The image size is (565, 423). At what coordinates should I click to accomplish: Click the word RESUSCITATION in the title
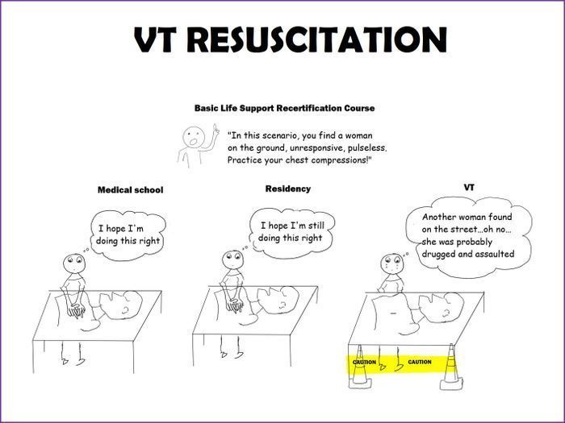click(x=317, y=39)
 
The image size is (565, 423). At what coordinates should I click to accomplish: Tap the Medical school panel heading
click(x=130, y=190)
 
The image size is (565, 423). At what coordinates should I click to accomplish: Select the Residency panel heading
click(x=288, y=189)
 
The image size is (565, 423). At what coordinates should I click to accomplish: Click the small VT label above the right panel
click(x=469, y=188)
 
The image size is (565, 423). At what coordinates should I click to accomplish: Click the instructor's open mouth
click(x=194, y=141)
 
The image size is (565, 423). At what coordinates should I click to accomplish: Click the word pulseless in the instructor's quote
click(x=367, y=148)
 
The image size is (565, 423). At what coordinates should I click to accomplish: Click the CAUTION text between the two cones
click(x=420, y=362)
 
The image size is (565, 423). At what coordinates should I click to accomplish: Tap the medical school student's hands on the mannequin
click(x=77, y=310)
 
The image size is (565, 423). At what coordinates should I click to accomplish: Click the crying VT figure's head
click(x=392, y=264)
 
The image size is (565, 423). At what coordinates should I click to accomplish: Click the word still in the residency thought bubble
click(x=316, y=226)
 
